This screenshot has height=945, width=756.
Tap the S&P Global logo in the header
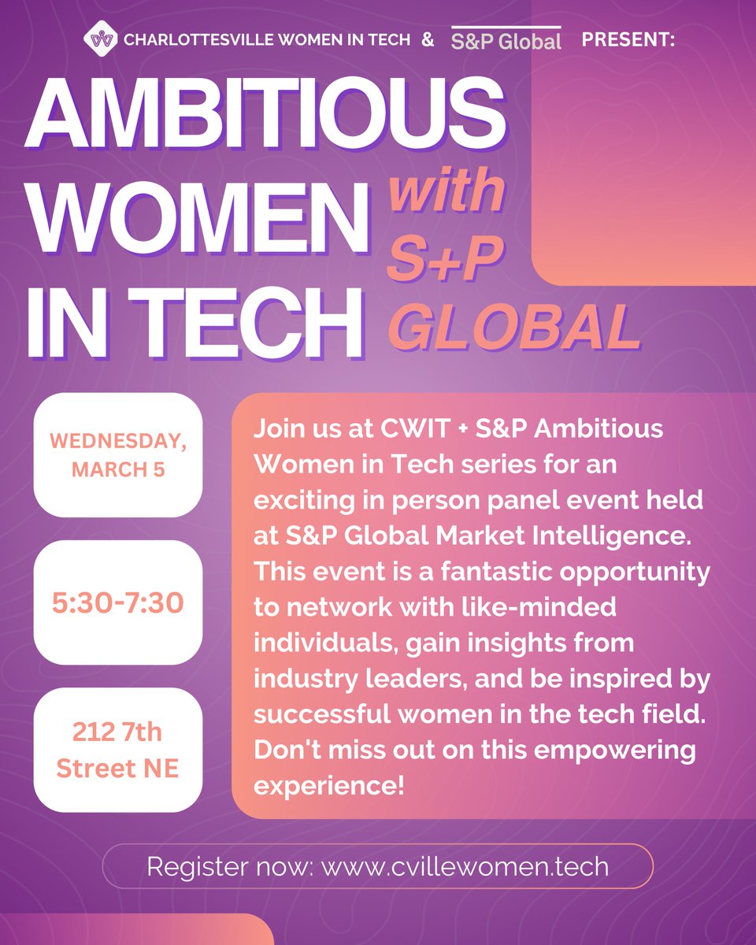coord(506,40)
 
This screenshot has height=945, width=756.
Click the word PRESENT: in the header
coord(628,39)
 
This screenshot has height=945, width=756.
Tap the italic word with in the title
coord(447,191)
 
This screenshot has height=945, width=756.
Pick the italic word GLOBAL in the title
coord(516,324)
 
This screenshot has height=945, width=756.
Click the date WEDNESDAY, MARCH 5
coord(118,455)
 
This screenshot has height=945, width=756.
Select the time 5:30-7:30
coord(118,603)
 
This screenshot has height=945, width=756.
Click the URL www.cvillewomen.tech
coord(465,867)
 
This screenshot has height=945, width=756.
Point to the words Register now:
coord(230,867)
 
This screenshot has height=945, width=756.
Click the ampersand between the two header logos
coord(428,39)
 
